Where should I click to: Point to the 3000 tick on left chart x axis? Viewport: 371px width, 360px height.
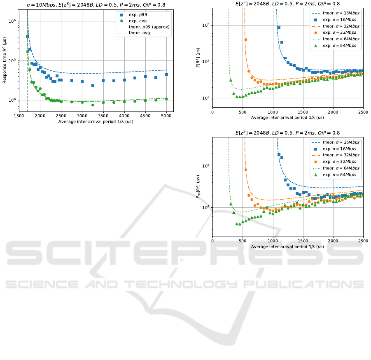(82, 116)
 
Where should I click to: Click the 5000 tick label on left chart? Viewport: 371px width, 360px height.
(166, 116)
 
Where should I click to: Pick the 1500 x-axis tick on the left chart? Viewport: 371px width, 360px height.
(19, 116)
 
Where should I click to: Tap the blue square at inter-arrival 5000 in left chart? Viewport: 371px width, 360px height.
(166, 75)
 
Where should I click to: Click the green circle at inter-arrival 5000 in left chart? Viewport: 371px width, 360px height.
(166, 99)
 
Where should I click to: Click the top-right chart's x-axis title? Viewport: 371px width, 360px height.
(287, 118)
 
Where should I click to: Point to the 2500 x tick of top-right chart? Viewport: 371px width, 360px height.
(363, 112)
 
